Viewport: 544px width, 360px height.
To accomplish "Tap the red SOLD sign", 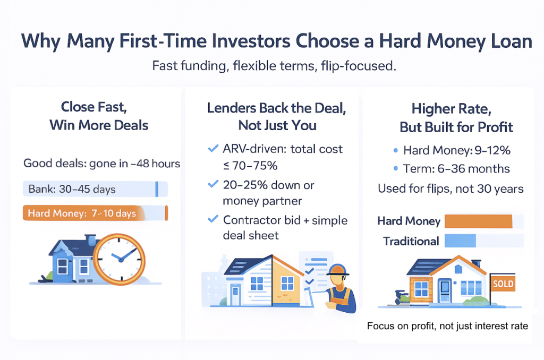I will click(503, 284).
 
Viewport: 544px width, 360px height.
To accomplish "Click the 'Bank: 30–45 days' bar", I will click(95, 189).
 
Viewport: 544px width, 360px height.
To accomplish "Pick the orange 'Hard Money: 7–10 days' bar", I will click(95, 213).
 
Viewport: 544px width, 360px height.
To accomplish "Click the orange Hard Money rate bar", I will click(478, 221).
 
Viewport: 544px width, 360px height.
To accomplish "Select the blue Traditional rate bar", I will click(460, 241).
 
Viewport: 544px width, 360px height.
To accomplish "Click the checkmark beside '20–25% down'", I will click(214, 185).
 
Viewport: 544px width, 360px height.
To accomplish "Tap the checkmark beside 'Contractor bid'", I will click(214, 220).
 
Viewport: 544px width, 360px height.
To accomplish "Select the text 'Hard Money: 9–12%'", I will click(456, 150).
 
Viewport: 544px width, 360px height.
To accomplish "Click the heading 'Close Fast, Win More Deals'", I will click(99, 116).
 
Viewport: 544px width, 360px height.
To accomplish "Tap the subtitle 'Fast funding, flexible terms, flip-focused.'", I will click(271, 66).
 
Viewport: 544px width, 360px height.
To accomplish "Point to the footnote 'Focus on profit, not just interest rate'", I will click(447, 325).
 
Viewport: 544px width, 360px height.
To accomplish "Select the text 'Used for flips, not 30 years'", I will click(450, 188).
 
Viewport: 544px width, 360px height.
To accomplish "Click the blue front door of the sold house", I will click(444, 292).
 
